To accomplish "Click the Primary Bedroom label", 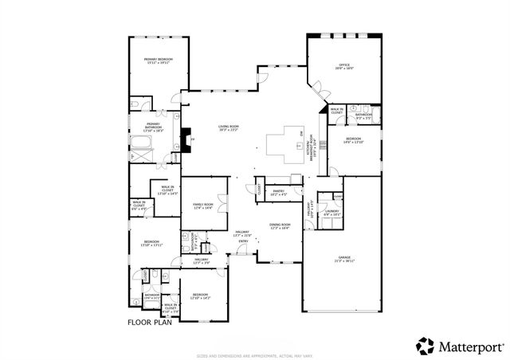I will point(159,61).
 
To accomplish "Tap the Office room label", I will point(345,68).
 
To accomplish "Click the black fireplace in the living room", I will point(186,140).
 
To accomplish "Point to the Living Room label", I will point(229,128).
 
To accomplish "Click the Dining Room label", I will point(279,226).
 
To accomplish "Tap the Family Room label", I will point(203,207).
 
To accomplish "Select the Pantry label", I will point(279,192).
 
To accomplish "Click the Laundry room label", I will point(331,213).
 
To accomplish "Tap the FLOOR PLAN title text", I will point(149,323).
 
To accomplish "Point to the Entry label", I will point(243,241).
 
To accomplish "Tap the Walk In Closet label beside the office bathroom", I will point(337,112).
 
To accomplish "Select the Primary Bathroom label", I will point(153,125).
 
